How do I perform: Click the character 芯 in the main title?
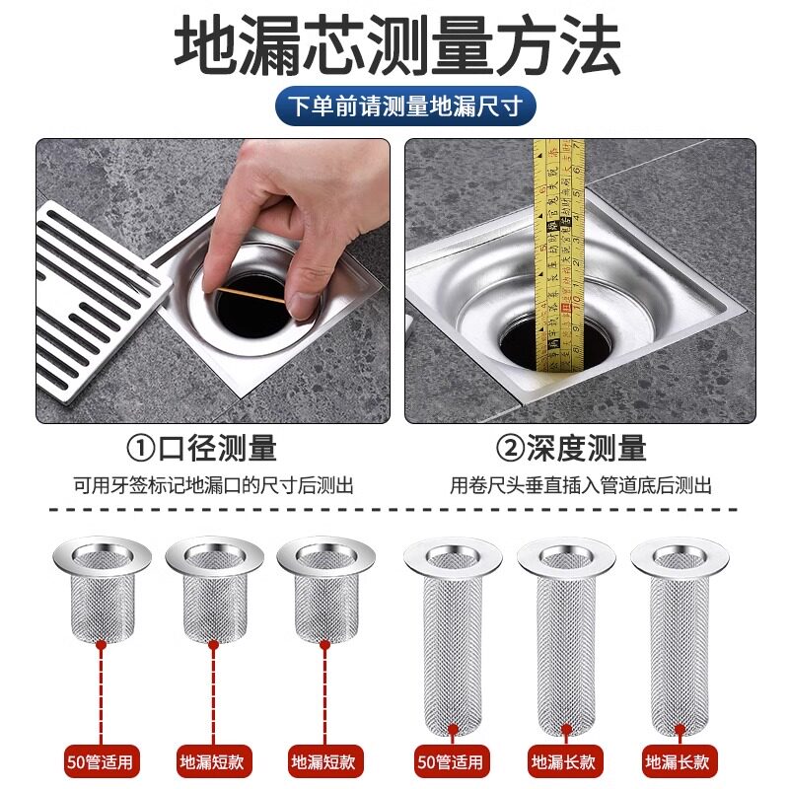pos(334,45)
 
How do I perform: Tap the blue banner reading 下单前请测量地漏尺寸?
pos(405,106)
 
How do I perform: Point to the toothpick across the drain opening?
pos(251,295)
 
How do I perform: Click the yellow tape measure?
pos(559,255)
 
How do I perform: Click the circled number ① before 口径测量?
pos(140,449)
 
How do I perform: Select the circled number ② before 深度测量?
pos(510,449)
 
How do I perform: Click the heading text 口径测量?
pos(217,449)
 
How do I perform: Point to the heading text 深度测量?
pos(587,449)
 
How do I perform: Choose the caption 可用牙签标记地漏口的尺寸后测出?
pos(214,485)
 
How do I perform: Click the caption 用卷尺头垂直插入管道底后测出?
pos(581,485)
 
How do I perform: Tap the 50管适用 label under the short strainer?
pos(101,761)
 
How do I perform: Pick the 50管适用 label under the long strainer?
pos(452,761)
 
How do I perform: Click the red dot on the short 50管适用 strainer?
pos(102,644)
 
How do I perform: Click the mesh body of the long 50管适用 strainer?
pos(452,654)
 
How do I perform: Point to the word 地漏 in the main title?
pos(238,45)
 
